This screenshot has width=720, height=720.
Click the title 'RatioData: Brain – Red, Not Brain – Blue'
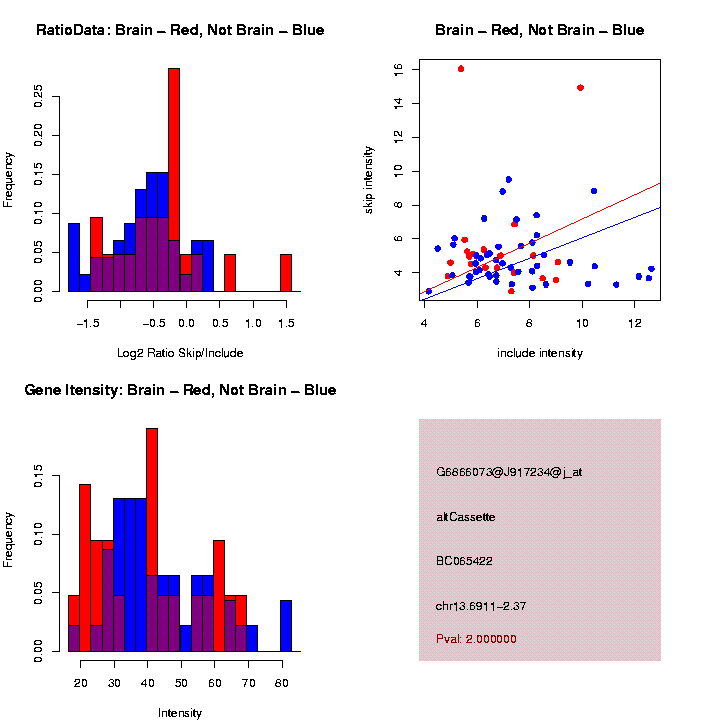(180, 30)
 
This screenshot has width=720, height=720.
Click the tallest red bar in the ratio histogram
(174, 180)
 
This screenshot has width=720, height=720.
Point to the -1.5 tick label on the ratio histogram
(88, 323)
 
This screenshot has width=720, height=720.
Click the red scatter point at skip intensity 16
(461, 69)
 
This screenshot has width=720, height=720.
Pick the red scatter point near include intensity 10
(580, 88)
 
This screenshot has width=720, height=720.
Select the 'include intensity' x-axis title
(540, 352)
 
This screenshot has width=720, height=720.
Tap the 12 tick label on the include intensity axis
(635, 323)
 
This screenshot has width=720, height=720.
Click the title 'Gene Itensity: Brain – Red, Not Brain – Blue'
(180, 390)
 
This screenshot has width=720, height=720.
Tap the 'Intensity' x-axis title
(180, 713)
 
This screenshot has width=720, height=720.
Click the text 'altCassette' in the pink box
(466, 517)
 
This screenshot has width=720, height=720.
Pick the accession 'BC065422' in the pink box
(465, 561)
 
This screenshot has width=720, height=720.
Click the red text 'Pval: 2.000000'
(476, 639)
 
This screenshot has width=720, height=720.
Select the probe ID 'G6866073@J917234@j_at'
(509, 472)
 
